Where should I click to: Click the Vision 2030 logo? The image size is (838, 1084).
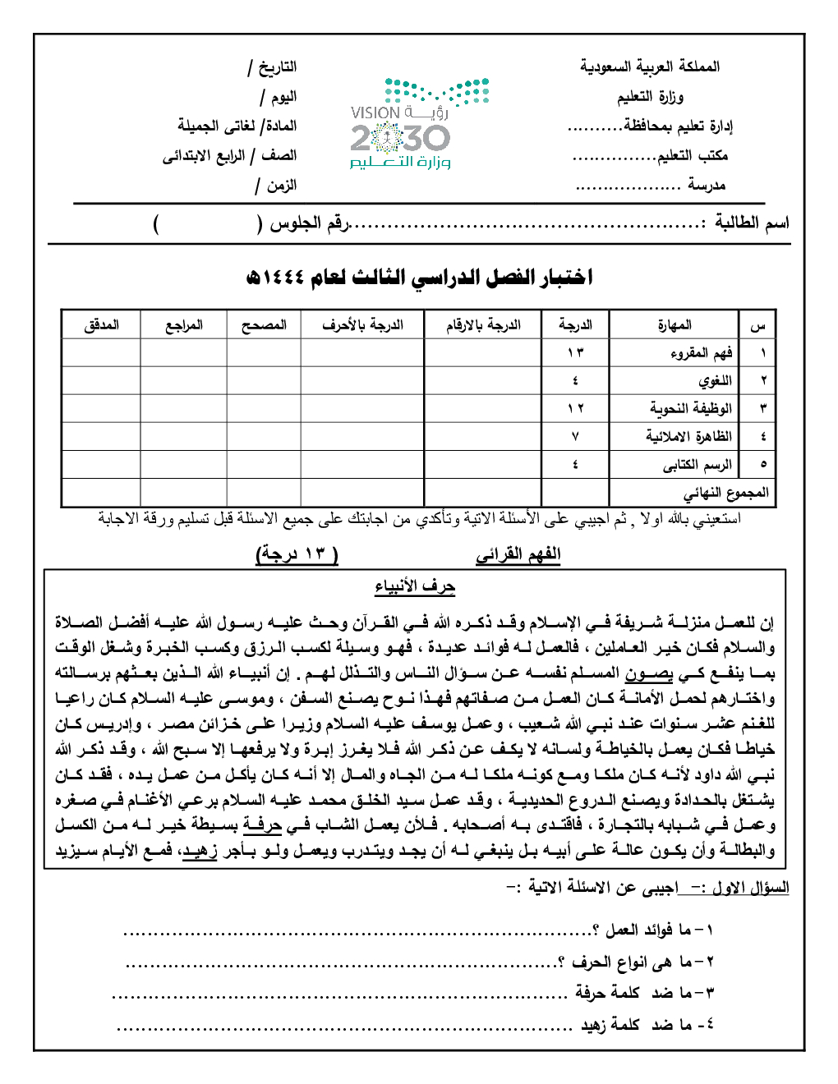tap(418, 123)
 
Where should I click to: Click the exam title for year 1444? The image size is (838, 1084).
tap(419, 278)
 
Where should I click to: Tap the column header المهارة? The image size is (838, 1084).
tap(674, 325)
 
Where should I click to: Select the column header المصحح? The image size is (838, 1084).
tap(264, 325)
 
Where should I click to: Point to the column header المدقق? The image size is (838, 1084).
tap(101, 325)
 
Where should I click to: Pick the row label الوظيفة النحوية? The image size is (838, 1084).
tap(690, 408)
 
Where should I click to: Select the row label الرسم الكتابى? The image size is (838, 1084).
tap(697, 465)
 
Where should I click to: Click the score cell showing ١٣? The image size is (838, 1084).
tap(575, 353)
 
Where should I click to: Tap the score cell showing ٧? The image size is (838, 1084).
tap(575, 437)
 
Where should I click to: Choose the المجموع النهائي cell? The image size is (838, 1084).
tap(726, 493)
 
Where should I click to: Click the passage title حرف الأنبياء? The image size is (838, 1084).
tap(415, 586)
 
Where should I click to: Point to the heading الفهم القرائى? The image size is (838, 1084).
tap(518, 555)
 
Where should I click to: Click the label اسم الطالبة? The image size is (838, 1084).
tap(751, 223)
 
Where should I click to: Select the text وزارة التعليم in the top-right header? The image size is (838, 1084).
tap(650, 97)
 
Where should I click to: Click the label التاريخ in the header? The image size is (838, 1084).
tap(277, 67)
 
